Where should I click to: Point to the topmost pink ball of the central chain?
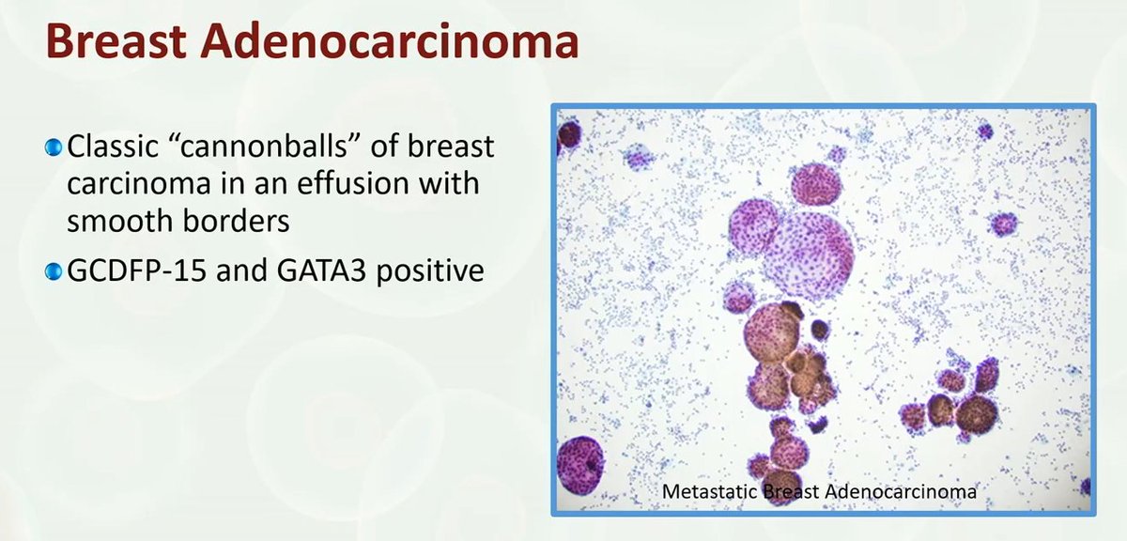(x=814, y=183)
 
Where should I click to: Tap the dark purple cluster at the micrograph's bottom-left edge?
(x=580, y=464)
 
